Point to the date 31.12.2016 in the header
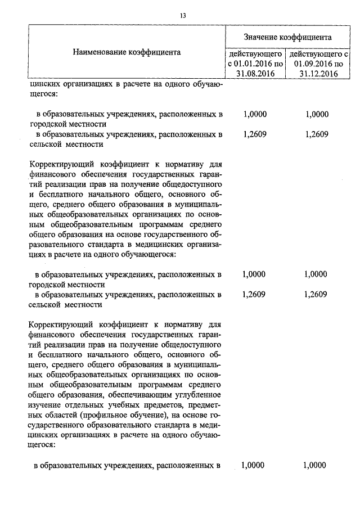tap(318, 73)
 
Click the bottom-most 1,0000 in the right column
tap(314, 465)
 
